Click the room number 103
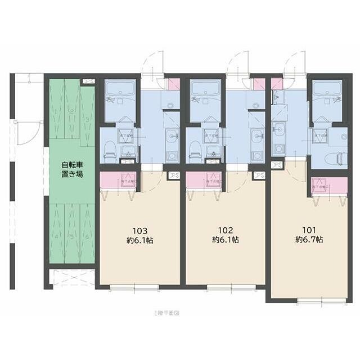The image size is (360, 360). pyautogui.click(x=139, y=231)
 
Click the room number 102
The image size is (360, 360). pyautogui.click(x=226, y=229)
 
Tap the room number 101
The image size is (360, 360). pyautogui.click(x=309, y=229)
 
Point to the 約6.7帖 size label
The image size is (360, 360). pyautogui.click(x=309, y=239)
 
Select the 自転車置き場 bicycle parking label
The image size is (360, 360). pyautogui.click(x=72, y=170)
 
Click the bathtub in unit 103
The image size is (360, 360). pyautogui.click(x=120, y=90)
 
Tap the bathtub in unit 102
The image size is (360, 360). pyautogui.click(x=206, y=90)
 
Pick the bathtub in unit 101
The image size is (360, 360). pyautogui.click(x=327, y=90)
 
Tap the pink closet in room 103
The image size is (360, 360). pyautogui.click(x=118, y=180)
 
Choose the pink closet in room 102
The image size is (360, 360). pyautogui.click(x=204, y=180)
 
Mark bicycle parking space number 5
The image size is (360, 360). pyautogui.click(x=72, y=236)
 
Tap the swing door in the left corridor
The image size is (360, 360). pyautogui.click(x=24, y=133)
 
